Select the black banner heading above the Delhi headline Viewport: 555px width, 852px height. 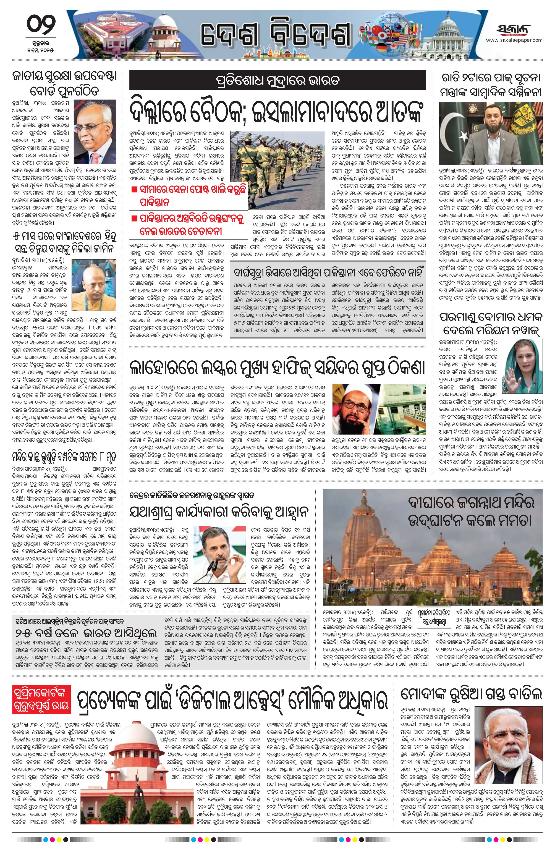click(x=277, y=80)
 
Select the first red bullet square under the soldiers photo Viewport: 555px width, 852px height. click(x=134, y=191)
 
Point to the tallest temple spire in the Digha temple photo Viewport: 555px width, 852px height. click(x=362, y=535)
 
